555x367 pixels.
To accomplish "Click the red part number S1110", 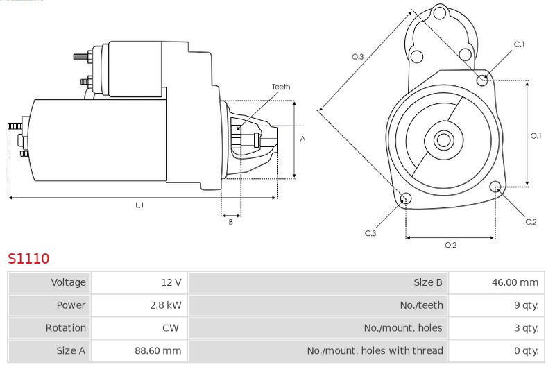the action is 28,258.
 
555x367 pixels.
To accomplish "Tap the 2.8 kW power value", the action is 166,305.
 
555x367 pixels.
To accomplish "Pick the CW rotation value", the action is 171,327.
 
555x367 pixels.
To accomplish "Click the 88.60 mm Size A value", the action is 158,350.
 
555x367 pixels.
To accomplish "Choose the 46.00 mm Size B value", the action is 515,282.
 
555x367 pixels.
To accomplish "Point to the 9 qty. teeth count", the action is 527,305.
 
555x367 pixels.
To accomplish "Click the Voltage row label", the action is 68,282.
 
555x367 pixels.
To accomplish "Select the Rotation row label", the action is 66,327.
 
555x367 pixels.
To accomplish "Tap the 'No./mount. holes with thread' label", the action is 375,350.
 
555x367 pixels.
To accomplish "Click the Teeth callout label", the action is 281,87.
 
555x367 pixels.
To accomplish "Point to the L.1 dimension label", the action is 139,205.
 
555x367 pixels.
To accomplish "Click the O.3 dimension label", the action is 357,57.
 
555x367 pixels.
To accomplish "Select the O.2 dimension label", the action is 450,245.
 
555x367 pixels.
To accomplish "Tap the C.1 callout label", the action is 519,44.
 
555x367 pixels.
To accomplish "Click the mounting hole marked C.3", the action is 406,198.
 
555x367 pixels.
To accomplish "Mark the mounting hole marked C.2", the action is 495,187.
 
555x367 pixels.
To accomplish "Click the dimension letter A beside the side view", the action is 302,139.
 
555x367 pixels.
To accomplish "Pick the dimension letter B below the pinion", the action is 231,222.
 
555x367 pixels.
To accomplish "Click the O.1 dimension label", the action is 536,135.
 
